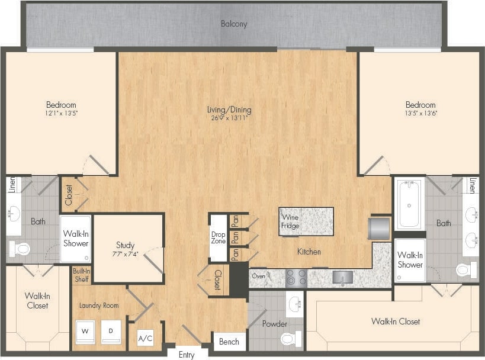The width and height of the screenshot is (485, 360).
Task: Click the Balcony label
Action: pyautogui.click(x=234, y=24)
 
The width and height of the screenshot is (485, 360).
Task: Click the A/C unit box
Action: pyautogui.click(x=145, y=339)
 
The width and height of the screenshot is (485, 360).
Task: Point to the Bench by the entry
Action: pyautogui.click(x=229, y=342)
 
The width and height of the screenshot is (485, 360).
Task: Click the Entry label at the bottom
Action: pyautogui.click(x=186, y=355)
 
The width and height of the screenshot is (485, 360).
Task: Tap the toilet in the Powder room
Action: pyautogui.click(x=288, y=339)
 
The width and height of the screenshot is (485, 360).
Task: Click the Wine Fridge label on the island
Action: pyautogui.click(x=290, y=221)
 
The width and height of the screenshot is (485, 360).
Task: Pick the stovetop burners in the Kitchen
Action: pyautogui.click(x=296, y=277)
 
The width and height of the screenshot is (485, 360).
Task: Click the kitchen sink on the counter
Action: pyautogui.click(x=342, y=277)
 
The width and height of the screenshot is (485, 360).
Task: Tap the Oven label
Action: pyautogui.click(x=259, y=275)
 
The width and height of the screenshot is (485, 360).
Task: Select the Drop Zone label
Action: pyautogui.click(x=218, y=237)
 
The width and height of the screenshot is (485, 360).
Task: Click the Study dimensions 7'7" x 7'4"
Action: pyautogui.click(x=125, y=254)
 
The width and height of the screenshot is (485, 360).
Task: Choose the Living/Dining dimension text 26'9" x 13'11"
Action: pyautogui.click(x=229, y=118)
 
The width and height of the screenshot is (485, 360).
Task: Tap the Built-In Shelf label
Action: pyautogui.click(x=81, y=275)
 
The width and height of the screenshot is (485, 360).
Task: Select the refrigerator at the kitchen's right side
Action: pyautogui.click(x=379, y=229)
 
